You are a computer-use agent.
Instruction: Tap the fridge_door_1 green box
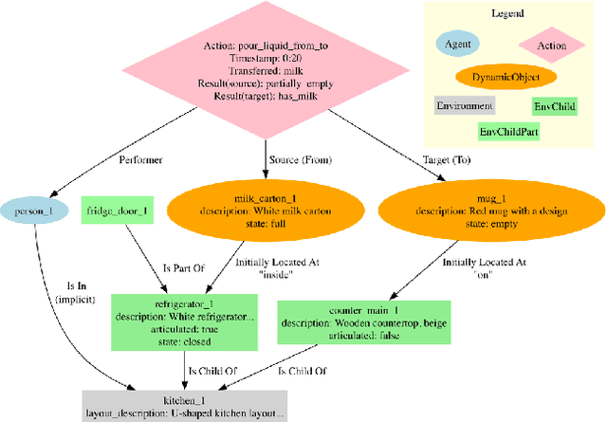(x=118, y=210)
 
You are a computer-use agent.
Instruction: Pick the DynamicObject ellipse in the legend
(x=507, y=75)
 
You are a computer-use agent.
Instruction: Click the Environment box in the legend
(x=464, y=107)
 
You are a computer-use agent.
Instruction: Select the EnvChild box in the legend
(x=548, y=107)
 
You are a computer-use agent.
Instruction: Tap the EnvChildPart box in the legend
(x=508, y=133)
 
